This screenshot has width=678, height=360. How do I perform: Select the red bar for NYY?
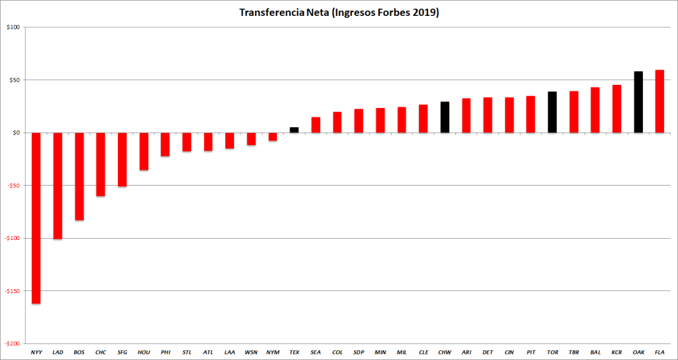click(x=36, y=218)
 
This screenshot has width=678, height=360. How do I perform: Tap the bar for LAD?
click(x=58, y=186)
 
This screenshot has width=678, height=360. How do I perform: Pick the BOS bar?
click(x=79, y=176)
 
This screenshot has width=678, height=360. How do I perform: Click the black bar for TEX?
click(x=294, y=130)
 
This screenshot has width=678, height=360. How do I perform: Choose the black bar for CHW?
click(x=445, y=117)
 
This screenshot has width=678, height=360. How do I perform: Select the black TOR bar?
click(x=552, y=112)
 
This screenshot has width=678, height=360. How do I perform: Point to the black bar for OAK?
click(x=638, y=102)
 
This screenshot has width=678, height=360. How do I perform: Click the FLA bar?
click(x=659, y=101)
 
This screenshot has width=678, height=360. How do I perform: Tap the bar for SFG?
click(x=122, y=160)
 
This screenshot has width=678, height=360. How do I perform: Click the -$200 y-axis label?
click(x=13, y=343)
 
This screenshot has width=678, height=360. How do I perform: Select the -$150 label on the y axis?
click(x=13, y=291)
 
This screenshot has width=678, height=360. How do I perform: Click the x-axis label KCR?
click(x=616, y=352)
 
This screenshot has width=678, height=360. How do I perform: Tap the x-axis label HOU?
click(x=143, y=352)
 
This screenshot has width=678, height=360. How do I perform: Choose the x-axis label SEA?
click(x=315, y=352)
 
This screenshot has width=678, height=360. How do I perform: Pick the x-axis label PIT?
click(x=530, y=352)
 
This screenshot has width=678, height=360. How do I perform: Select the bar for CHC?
click(x=101, y=164)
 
